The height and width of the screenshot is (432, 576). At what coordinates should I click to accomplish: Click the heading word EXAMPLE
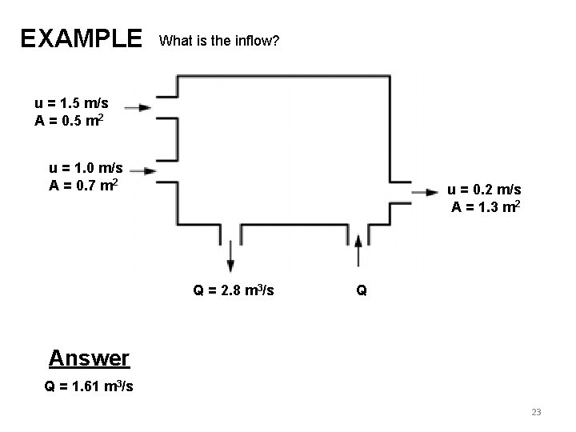(81, 38)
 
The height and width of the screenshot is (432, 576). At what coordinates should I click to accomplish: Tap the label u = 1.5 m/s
(72, 103)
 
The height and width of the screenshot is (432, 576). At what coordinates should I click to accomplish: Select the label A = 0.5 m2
(68, 121)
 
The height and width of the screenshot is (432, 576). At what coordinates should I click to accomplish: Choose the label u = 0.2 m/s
(485, 190)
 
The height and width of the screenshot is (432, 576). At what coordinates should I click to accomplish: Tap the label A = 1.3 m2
(487, 207)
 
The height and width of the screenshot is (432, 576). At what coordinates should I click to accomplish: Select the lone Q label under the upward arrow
(362, 291)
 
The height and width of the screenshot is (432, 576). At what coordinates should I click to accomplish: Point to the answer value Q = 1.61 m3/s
(89, 387)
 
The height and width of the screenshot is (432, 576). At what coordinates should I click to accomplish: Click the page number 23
(536, 412)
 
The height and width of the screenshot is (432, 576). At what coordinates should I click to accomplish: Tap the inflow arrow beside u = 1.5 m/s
(138, 106)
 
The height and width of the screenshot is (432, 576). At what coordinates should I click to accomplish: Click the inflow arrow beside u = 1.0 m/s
(142, 170)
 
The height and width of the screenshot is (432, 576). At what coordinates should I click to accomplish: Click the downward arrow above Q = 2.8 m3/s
(230, 255)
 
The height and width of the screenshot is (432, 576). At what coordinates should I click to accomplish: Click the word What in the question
(174, 39)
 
